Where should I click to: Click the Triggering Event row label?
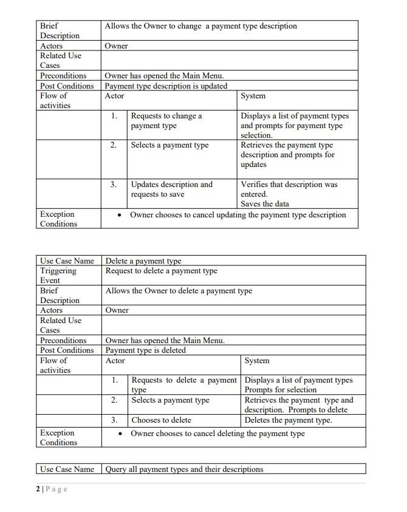click(x=58, y=276)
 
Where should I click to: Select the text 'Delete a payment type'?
click(x=143, y=261)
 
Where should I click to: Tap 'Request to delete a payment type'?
click(x=161, y=271)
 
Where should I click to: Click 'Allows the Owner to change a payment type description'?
click(x=200, y=26)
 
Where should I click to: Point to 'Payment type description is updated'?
click(x=166, y=86)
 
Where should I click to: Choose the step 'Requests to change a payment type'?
click(x=166, y=120)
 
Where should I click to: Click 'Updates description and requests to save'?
click(x=172, y=189)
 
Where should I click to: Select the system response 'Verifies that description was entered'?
click(x=289, y=189)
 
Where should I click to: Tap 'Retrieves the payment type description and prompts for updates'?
click(x=287, y=155)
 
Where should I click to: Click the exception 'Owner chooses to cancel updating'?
click(x=238, y=215)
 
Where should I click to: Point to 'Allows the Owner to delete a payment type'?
click(x=179, y=291)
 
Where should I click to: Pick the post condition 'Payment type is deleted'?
click(x=146, y=350)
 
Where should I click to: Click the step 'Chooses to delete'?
click(x=162, y=420)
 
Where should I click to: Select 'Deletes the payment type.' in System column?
click(x=288, y=420)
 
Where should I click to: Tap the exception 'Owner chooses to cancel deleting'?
click(x=217, y=434)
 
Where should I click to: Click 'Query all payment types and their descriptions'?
click(x=185, y=469)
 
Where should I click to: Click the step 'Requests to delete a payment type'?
click(x=183, y=384)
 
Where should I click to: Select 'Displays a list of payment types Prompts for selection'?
click(x=298, y=384)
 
